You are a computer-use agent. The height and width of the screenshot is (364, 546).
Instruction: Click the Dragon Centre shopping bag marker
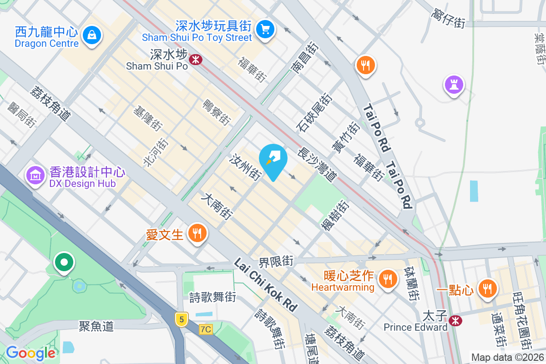[x=92, y=34]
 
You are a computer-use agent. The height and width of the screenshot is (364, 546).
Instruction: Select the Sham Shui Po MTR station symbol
[x=196, y=59]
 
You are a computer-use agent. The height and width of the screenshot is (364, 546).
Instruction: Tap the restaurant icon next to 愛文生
[x=197, y=234]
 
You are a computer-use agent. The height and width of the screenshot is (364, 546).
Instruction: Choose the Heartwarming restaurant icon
[x=388, y=278]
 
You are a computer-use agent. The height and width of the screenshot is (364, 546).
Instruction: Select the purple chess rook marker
[x=454, y=84]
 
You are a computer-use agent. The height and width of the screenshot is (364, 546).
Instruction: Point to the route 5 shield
[x=182, y=319]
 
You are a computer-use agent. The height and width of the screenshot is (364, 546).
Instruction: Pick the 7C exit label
[x=206, y=329]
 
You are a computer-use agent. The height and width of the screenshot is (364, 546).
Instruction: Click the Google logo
[x=30, y=353]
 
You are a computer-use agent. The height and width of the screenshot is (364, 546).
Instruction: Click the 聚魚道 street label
[x=96, y=326]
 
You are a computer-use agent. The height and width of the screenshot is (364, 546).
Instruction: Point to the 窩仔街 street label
[x=448, y=19]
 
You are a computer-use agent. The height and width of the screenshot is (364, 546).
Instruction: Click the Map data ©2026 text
[x=507, y=358]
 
